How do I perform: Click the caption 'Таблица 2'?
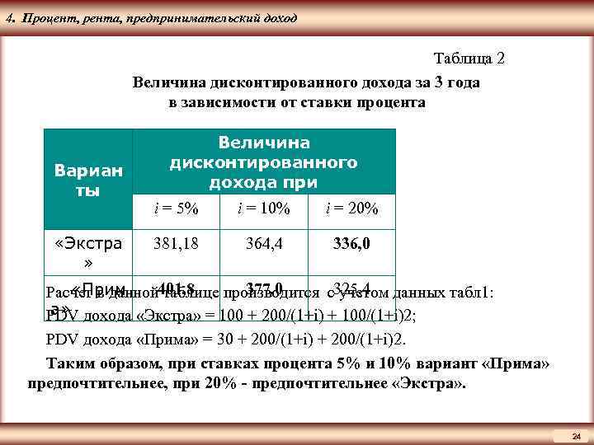(x=469, y=59)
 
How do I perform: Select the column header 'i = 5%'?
(x=177, y=209)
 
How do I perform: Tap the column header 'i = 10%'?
(x=263, y=209)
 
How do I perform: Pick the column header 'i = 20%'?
(x=351, y=209)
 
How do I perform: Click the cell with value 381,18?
(x=177, y=244)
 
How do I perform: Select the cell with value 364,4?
(x=263, y=244)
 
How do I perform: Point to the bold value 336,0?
(x=351, y=244)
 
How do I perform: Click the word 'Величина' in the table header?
(x=263, y=143)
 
